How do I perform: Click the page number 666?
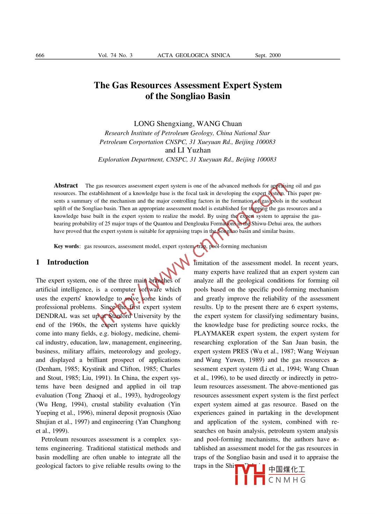coord(40,55)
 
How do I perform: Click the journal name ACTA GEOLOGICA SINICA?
coord(194,55)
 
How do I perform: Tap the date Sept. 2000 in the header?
coord(268,55)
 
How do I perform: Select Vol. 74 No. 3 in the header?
coord(115,55)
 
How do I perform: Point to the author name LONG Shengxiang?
coord(163,124)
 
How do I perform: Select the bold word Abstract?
coord(66,186)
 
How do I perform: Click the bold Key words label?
coord(66,246)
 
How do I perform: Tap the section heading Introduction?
coord(68,262)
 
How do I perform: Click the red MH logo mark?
coord(250,475)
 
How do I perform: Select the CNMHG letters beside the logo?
coord(287,480)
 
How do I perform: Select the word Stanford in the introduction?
coord(120,316)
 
